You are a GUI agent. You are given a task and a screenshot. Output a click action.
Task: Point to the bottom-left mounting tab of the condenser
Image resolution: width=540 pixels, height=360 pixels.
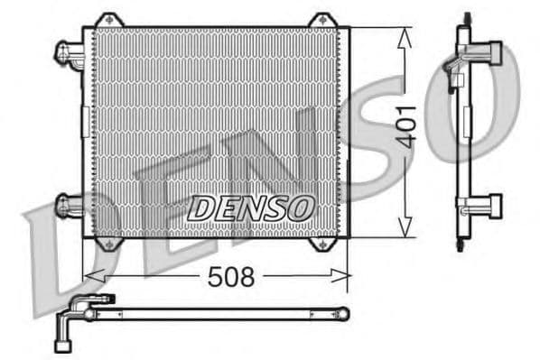click(109, 244)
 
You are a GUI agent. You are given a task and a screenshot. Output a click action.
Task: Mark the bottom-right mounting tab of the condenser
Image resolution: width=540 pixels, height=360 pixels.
click(322, 244)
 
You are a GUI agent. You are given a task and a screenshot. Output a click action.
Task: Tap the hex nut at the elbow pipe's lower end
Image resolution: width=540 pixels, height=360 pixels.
click(65, 343)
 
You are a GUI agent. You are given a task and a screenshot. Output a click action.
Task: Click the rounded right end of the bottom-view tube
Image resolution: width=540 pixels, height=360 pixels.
click(342, 313)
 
